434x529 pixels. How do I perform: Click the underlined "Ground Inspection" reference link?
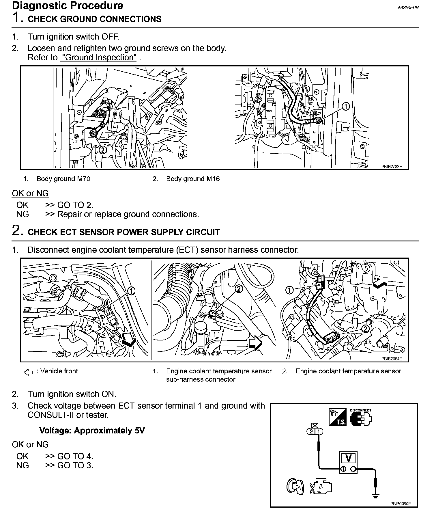[98, 57]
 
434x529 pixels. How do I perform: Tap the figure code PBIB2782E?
[392, 167]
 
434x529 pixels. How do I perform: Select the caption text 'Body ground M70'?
[63, 179]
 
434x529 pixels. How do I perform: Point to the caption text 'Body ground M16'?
[193, 179]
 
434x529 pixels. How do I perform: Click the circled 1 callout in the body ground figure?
[346, 107]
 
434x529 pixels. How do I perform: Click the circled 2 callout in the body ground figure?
[103, 150]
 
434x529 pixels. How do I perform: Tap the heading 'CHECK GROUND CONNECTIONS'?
[94, 19]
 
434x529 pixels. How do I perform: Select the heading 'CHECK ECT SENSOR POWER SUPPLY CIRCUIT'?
[124, 232]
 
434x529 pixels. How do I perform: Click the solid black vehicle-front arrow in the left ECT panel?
[128, 339]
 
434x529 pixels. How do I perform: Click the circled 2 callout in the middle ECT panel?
[239, 289]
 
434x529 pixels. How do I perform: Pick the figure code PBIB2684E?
[392, 359]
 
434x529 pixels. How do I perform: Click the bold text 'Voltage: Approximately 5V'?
[92, 431]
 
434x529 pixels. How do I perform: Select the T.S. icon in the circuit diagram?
[338, 417]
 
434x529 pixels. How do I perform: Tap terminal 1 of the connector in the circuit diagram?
[319, 432]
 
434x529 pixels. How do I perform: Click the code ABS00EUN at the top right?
[408, 8]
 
